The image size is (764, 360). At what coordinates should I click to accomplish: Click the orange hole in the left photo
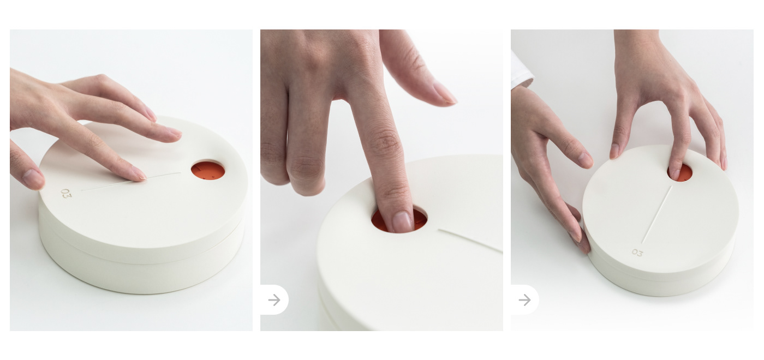click(x=208, y=171)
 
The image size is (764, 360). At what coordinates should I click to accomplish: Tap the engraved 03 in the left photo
click(x=66, y=193)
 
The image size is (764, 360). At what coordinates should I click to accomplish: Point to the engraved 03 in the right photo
click(x=637, y=253)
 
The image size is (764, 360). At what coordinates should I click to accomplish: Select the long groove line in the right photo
click(x=656, y=214)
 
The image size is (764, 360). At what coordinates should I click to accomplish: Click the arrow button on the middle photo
click(x=274, y=300)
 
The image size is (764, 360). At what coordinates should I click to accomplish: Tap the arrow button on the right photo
click(x=524, y=300)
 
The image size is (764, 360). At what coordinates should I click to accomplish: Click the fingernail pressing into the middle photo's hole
click(x=403, y=221)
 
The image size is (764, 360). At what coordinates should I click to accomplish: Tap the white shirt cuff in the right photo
click(x=521, y=71)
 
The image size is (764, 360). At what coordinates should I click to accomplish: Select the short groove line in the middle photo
click(x=470, y=241)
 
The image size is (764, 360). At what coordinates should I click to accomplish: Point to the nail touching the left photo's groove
click(x=138, y=174)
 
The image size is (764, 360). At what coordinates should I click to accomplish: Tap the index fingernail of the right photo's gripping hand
click(x=584, y=159)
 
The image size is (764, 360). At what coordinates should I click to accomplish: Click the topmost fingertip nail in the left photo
click(x=151, y=115)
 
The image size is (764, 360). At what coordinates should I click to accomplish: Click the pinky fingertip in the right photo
click(x=723, y=163)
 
